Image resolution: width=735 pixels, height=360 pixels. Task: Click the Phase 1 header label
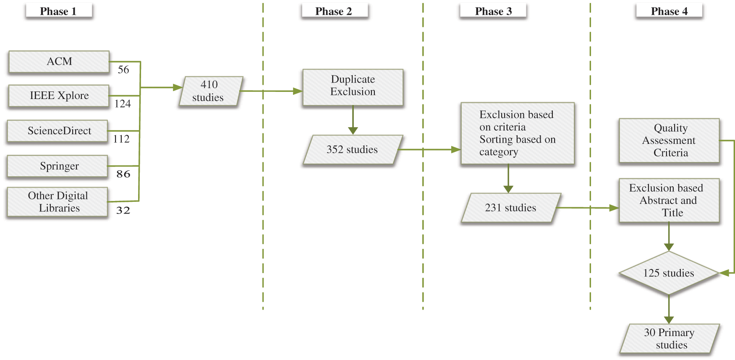58,11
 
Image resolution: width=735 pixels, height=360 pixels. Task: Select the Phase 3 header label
493,11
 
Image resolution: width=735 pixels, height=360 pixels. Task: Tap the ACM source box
59,62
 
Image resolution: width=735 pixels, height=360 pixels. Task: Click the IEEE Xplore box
59,96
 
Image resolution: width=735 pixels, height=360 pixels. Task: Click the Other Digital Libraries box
58,202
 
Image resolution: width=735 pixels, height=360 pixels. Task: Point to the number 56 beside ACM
123,70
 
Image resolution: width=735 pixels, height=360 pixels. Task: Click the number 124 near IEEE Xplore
123,104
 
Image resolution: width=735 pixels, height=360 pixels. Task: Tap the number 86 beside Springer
123,174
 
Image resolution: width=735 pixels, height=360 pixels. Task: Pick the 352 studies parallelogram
352,149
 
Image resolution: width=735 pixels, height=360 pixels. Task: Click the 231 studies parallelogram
510,208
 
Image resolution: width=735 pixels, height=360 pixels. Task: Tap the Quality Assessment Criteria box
669,141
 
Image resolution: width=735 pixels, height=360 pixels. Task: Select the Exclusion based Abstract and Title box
669,201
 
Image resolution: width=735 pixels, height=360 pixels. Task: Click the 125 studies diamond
669,273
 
